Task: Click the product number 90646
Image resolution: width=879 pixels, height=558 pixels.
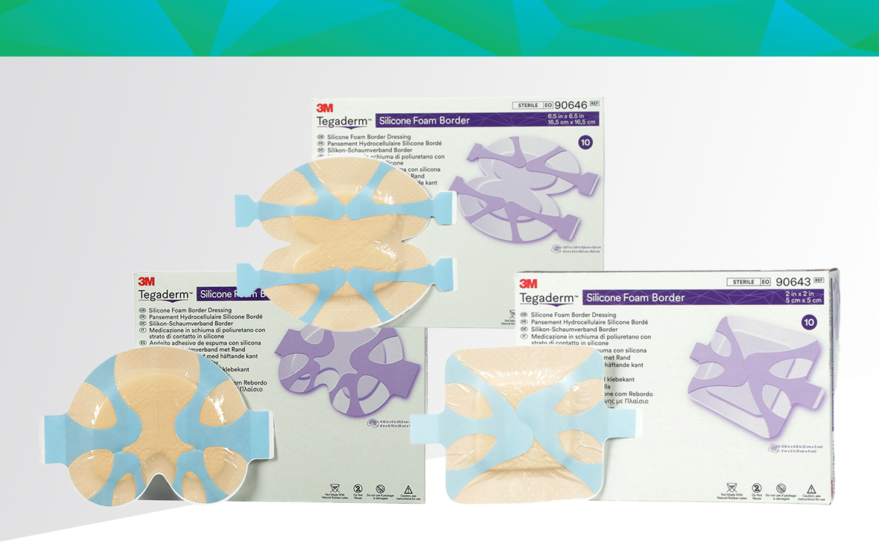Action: coord(568,105)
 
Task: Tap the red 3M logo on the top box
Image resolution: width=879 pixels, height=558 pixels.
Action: coord(324,108)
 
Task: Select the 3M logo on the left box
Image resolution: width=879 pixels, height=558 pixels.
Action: coord(146,281)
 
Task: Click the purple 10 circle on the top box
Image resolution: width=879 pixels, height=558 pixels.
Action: coord(586,142)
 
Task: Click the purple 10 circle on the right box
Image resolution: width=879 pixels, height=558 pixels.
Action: coord(808,321)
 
